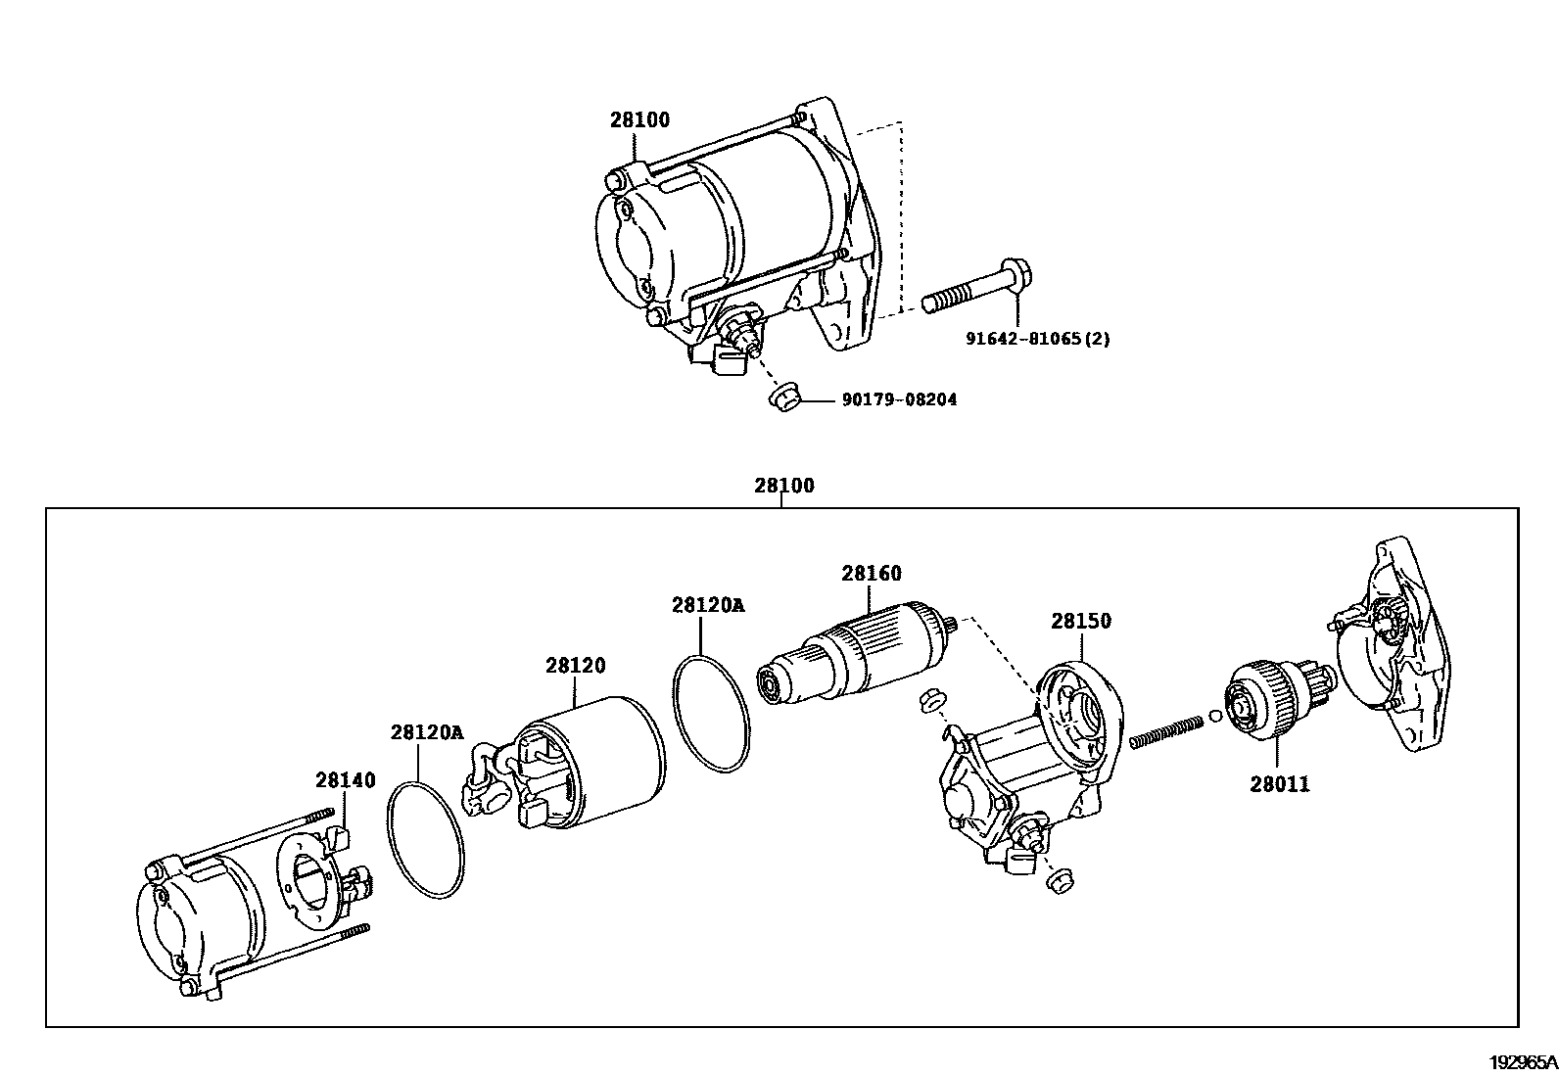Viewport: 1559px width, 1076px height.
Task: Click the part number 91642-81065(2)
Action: click(1038, 340)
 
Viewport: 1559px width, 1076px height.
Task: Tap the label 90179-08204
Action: click(899, 399)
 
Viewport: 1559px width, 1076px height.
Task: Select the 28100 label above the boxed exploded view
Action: click(783, 485)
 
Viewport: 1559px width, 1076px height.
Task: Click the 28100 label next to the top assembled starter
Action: click(639, 120)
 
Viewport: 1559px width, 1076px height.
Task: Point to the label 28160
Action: click(871, 573)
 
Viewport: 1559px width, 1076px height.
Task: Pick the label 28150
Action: click(1081, 621)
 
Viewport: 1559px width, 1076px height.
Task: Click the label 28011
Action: click(1279, 784)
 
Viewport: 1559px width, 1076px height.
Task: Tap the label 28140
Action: click(345, 779)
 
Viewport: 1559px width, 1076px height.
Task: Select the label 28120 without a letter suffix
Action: click(575, 666)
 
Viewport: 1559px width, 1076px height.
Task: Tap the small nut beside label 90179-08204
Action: click(782, 398)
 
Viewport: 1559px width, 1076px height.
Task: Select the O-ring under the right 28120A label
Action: click(712, 714)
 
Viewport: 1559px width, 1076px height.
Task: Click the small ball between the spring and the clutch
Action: click(1214, 715)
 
